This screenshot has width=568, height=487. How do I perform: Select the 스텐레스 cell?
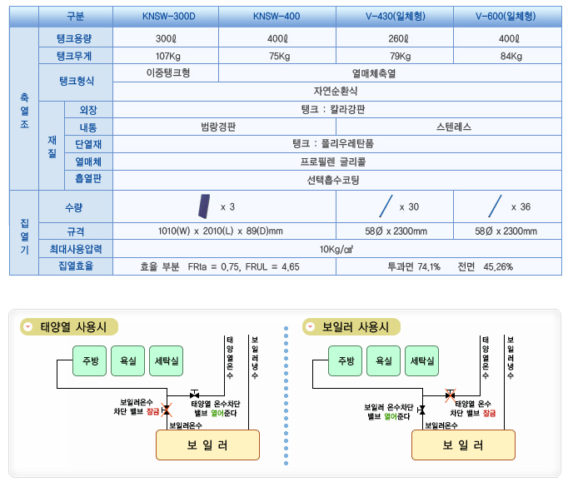point(453,127)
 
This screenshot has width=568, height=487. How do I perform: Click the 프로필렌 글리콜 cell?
point(338,162)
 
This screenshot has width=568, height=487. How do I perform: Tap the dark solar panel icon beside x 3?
point(203,205)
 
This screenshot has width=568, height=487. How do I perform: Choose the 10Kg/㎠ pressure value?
point(338,249)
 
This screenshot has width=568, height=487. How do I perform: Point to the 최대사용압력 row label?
point(74,249)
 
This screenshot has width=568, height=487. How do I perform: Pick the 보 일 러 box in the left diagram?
point(207,445)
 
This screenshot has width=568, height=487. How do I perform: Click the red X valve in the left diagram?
point(166,409)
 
